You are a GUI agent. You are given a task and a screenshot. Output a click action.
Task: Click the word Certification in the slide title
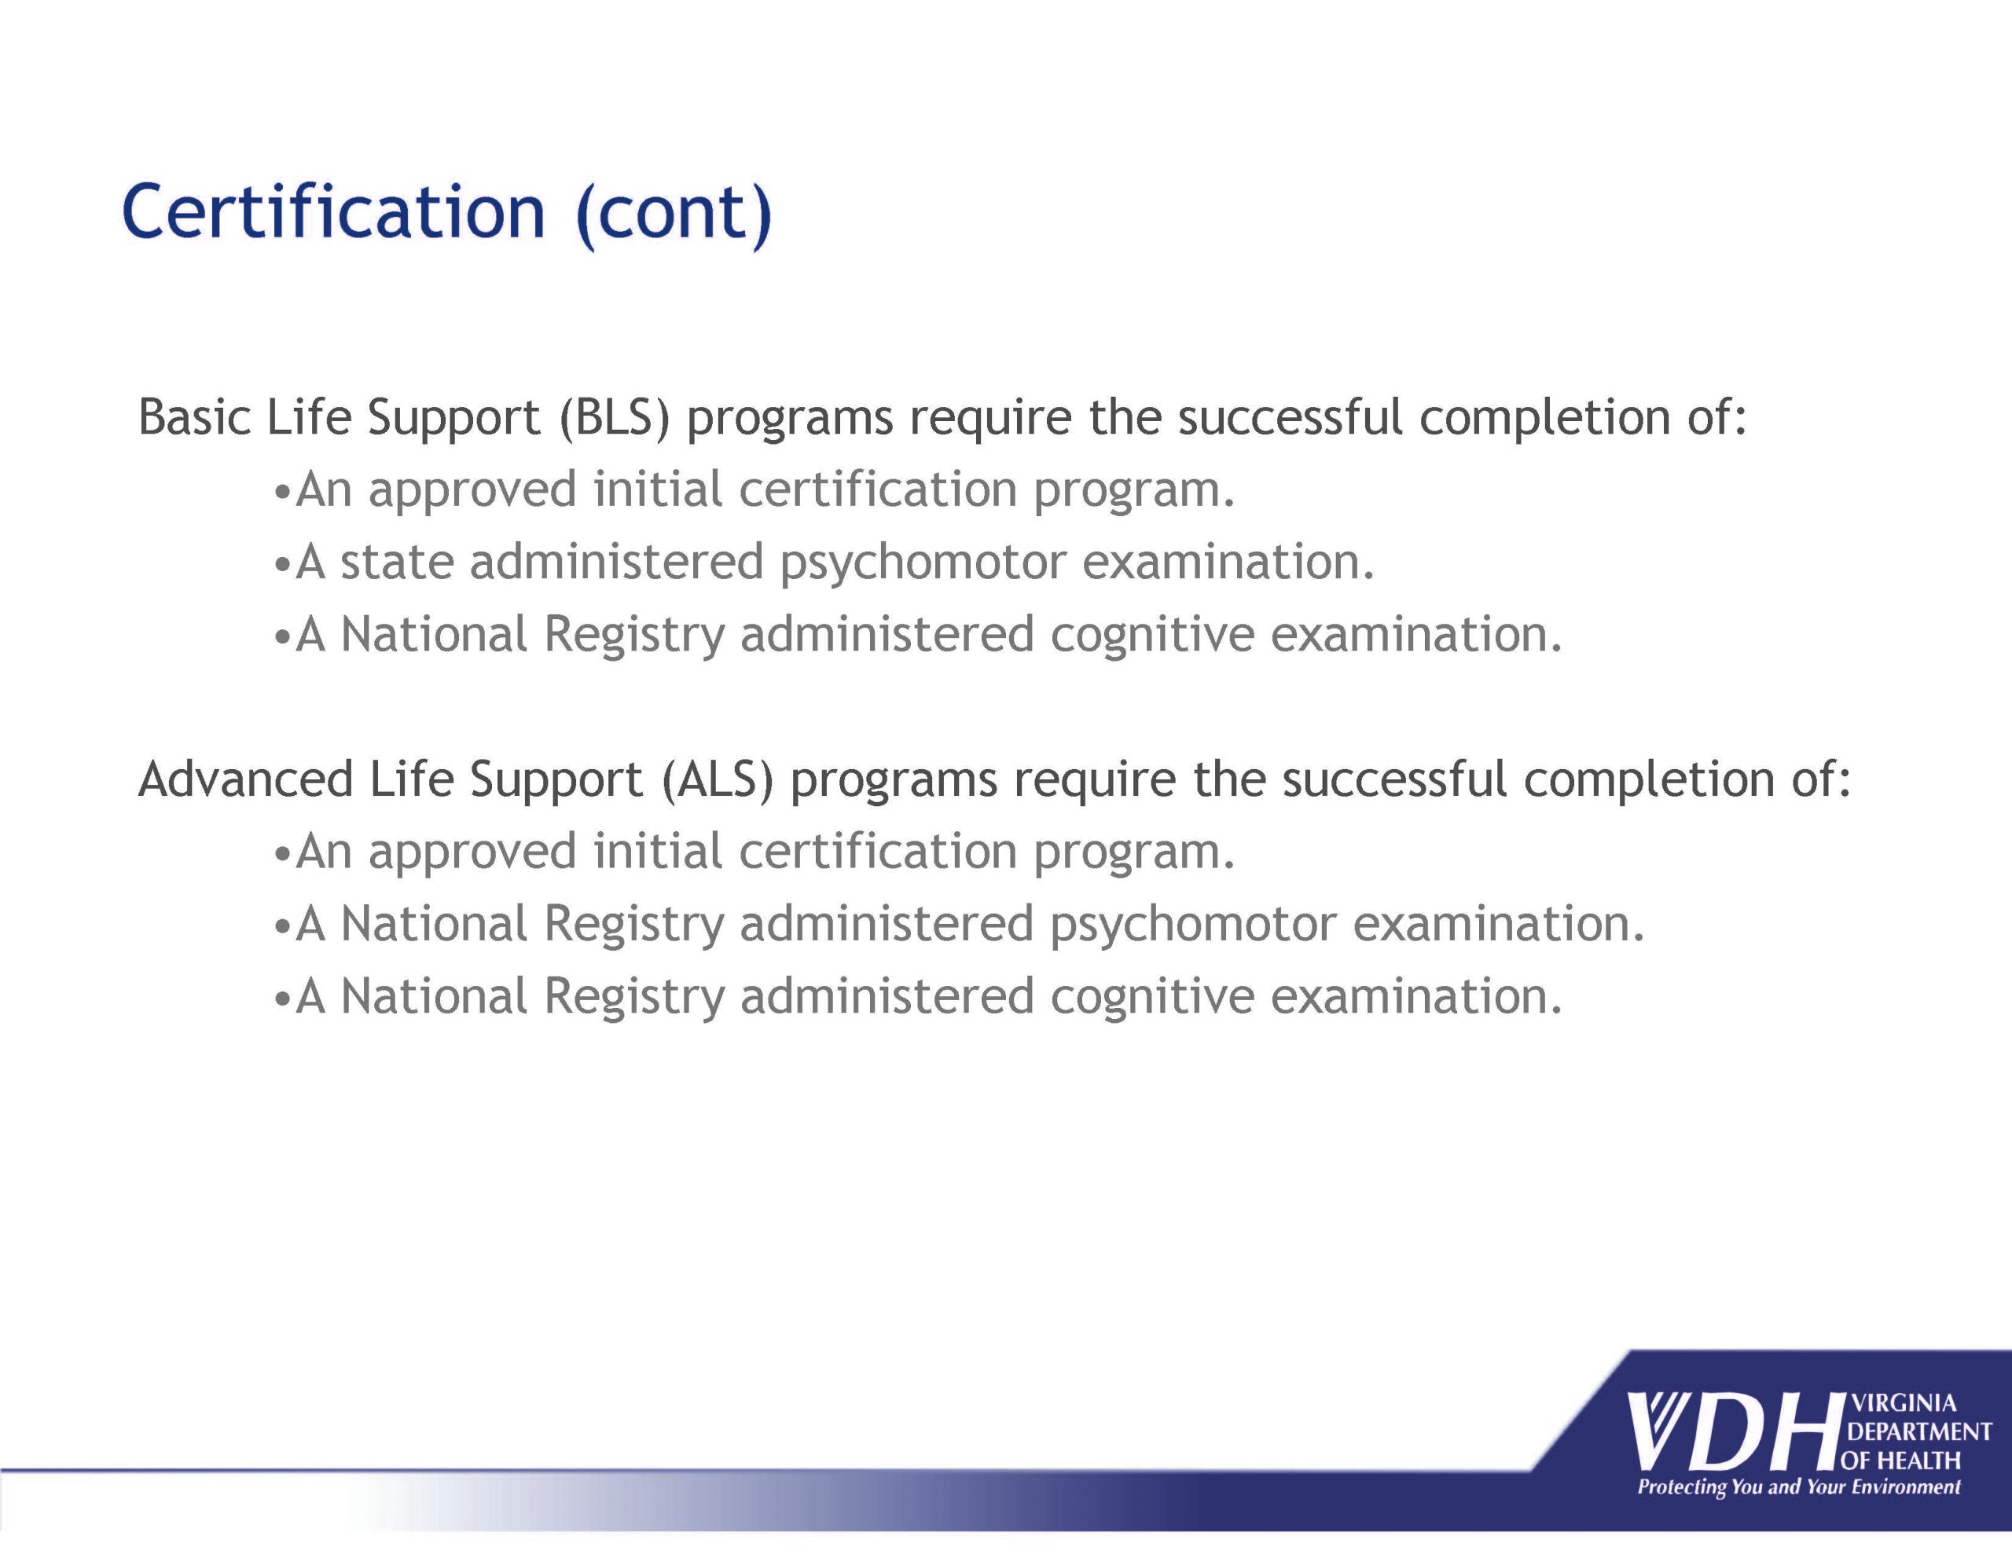pos(333,211)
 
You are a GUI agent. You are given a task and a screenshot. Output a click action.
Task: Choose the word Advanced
pos(246,779)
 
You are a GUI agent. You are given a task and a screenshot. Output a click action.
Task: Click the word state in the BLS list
pos(397,562)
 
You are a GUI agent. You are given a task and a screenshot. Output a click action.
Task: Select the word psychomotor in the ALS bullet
pos(1193,925)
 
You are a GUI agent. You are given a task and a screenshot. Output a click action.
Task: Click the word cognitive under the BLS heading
pos(1151,636)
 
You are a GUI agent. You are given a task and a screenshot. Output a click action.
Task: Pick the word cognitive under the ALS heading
pos(1151,998)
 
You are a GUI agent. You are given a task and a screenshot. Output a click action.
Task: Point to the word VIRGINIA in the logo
pos(1903,1403)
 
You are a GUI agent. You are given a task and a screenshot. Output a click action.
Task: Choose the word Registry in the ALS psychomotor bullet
pos(633,925)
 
